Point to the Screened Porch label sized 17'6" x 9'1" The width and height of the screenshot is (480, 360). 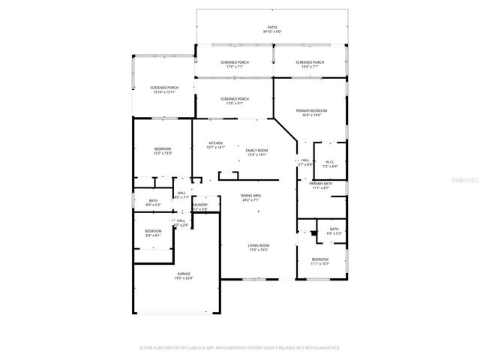click(x=235, y=101)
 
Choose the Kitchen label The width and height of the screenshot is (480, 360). click(x=215, y=145)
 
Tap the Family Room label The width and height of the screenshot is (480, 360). click(x=256, y=152)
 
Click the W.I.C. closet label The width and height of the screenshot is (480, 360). click(x=330, y=163)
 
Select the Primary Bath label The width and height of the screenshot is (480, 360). click(x=320, y=185)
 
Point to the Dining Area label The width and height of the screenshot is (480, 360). click(x=251, y=198)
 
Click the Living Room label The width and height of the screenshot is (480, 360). click(x=259, y=247)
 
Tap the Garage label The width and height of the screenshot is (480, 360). click(x=184, y=276)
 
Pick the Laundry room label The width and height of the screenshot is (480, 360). click(x=199, y=206)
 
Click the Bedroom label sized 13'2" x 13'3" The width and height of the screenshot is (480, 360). click(x=163, y=151)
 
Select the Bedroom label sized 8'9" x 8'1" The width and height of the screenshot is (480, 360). click(x=153, y=232)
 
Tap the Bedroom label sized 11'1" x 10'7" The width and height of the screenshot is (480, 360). click(x=320, y=261)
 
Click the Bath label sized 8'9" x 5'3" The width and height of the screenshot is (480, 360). click(x=153, y=202)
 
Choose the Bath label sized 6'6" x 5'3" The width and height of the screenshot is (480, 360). click(x=334, y=231)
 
